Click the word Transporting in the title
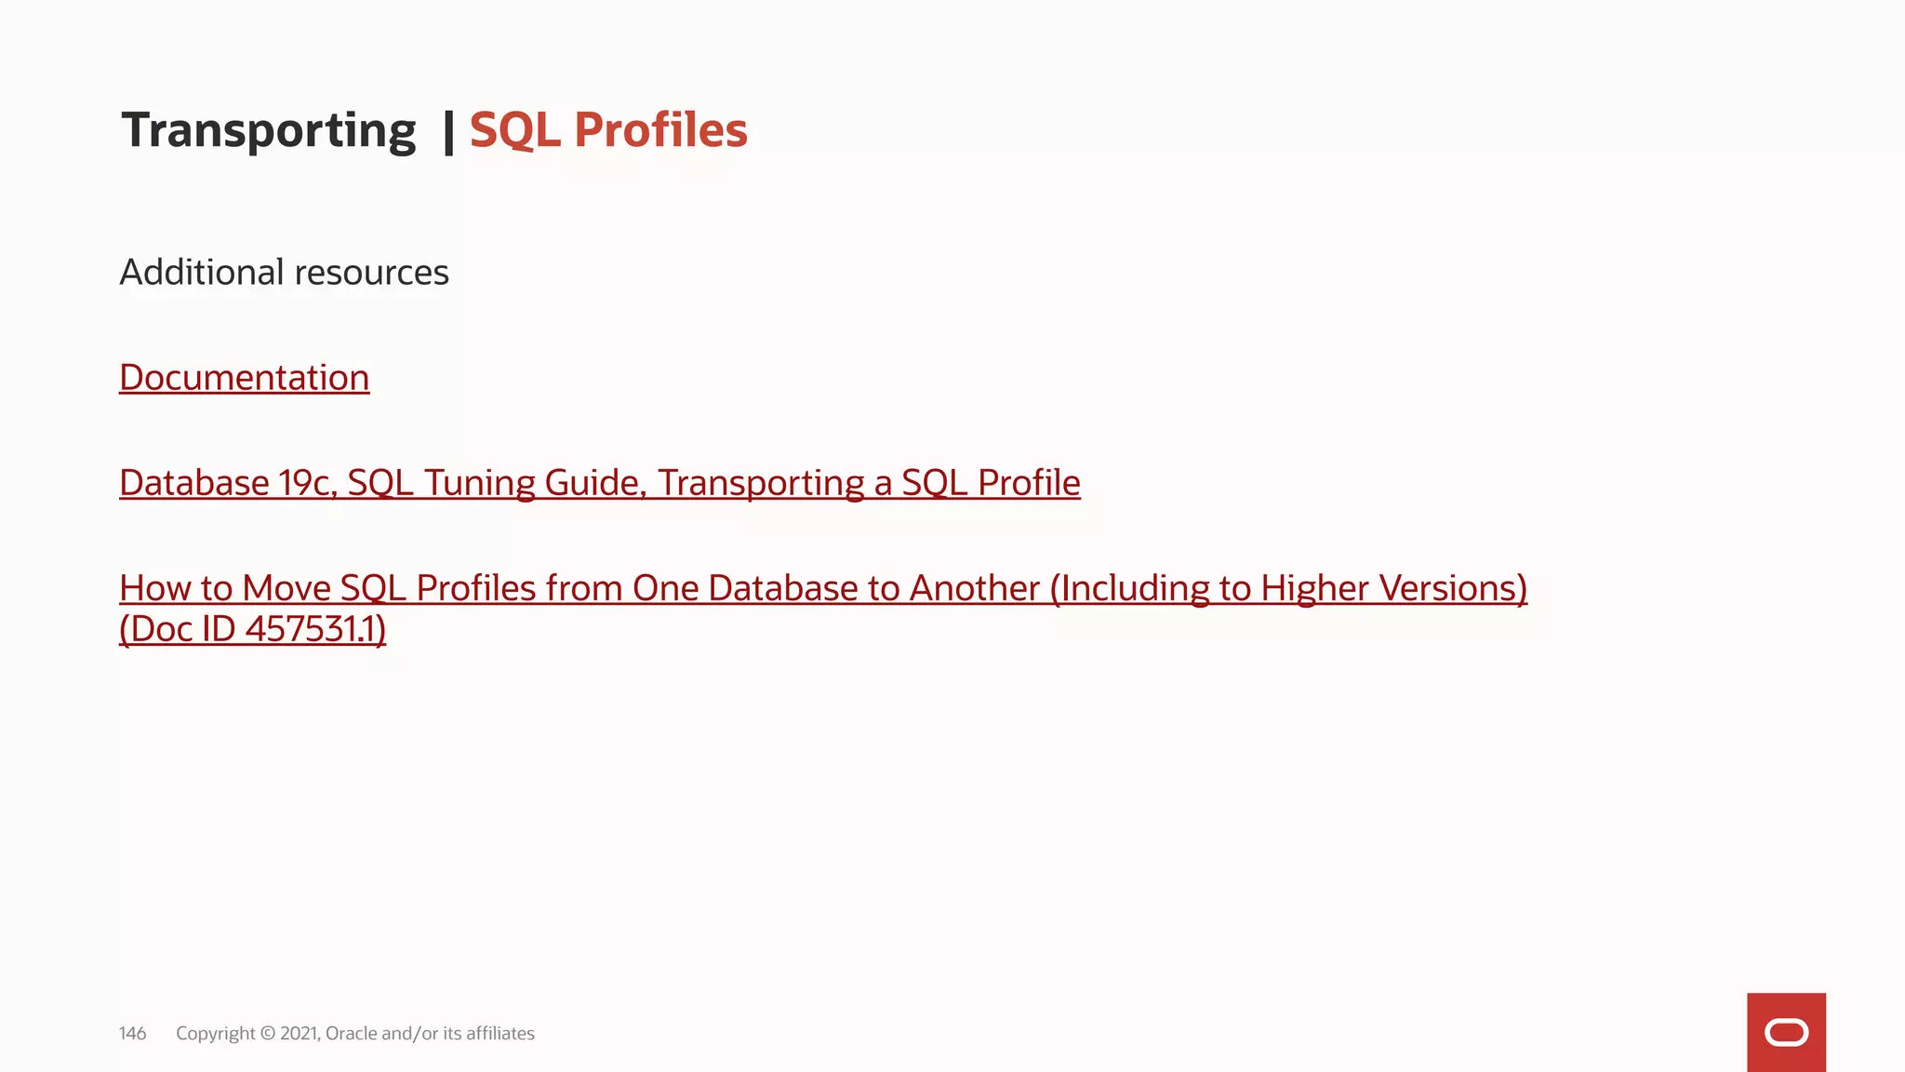point(268,130)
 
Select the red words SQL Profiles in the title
point(608,130)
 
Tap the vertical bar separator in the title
point(448,131)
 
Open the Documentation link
point(245,378)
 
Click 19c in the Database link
point(307,483)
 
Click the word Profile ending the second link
point(1029,483)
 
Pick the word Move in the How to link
point(286,588)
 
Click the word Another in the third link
point(974,588)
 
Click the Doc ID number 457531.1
point(315,629)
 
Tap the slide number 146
point(132,1033)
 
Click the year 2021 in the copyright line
point(299,1033)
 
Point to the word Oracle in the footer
point(351,1033)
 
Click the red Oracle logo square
point(1786,1032)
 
